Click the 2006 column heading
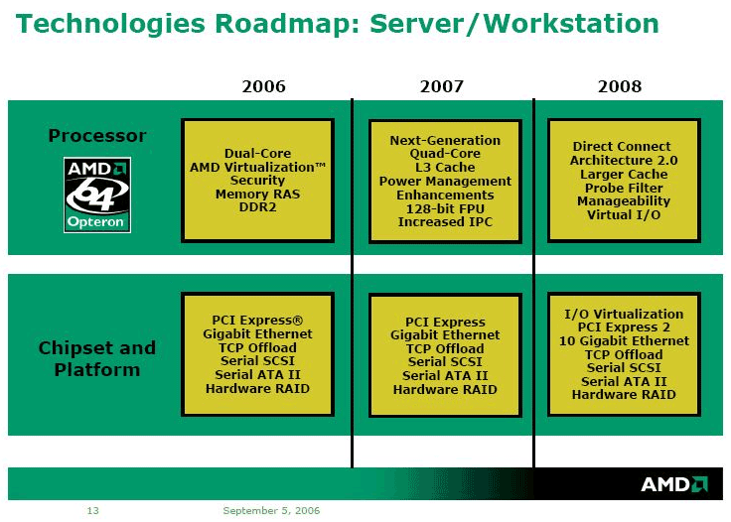click(263, 86)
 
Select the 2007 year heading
click(442, 86)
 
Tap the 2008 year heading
click(620, 86)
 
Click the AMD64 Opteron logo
click(97, 195)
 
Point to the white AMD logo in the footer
click(674, 484)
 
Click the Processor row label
click(97, 136)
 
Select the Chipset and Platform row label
click(97, 358)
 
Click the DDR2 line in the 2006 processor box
click(257, 206)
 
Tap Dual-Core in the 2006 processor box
click(257, 153)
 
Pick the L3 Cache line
click(445, 167)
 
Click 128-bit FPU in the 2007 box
click(445, 208)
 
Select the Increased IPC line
click(445, 221)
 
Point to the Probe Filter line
click(624, 188)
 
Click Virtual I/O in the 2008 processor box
click(624, 214)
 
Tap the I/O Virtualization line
click(624, 314)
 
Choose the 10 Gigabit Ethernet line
click(624, 340)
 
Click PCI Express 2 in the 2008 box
click(624, 327)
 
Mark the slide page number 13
click(92, 511)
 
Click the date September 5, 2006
click(271, 511)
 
